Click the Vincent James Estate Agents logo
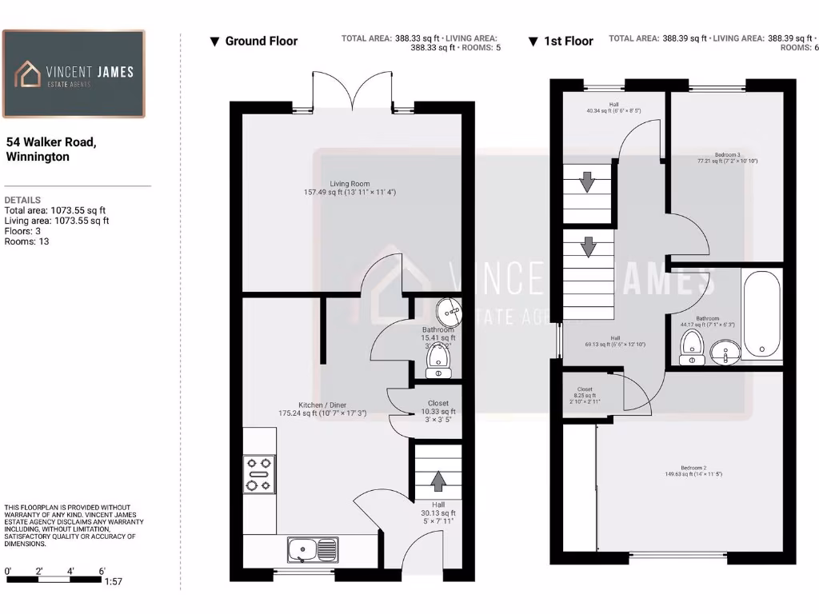pyautogui.click(x=74, y=74)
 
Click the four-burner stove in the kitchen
pyautogui.click(x=259, y=473)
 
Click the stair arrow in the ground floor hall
pyautogui.click(x=438, y=481)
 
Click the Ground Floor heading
pyautogui.click(x=261, y=41)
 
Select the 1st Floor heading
pyautogui.click(x=568, y=41)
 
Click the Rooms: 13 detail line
pyautogui.click(x=27, y=241)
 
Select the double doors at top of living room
pyautogui.click(x=352, y=90)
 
